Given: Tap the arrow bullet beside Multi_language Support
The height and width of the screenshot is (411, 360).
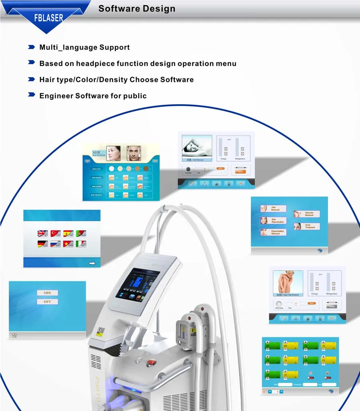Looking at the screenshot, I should (x=31, y=47).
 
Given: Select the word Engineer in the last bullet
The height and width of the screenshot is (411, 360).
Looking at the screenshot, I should (x=56, y=96).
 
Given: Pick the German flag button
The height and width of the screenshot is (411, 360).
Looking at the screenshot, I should (x=42, y=243).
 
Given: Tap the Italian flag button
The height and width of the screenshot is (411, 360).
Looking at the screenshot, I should (x=81, y=243).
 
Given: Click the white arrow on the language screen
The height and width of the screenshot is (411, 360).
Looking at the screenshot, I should (x=92, y=263).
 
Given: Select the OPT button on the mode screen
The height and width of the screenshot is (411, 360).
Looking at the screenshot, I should (x=47, y=302).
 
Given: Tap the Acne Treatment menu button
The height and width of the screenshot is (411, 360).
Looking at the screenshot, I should (x=307, y=226).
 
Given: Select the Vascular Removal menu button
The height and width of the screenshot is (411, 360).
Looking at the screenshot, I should (x=307, y=214).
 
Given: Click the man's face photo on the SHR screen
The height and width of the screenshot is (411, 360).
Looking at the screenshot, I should (x=134, y=153).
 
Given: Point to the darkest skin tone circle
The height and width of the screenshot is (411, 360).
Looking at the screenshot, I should (x=146, y=168).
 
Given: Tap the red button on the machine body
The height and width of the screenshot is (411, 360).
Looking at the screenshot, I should (x=151, y=363).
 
